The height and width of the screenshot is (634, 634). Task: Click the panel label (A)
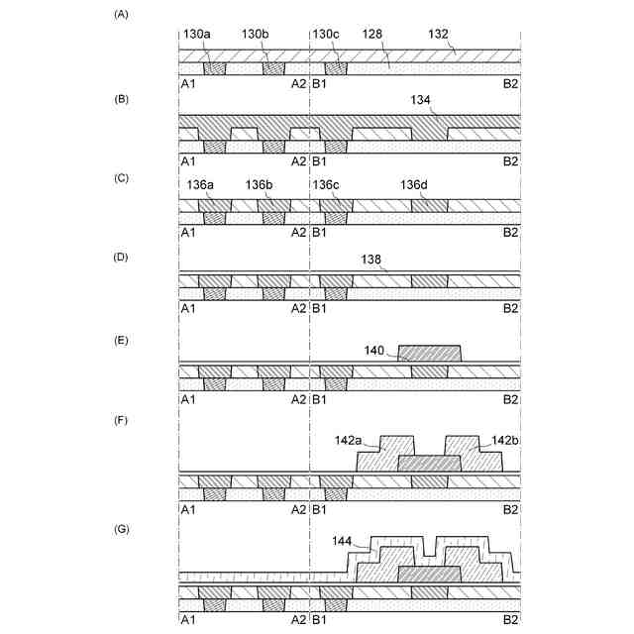121,14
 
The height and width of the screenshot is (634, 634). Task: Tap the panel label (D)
121,258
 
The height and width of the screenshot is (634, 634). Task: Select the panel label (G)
121,529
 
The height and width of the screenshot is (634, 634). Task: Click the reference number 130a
197,34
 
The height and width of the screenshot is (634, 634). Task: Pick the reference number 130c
328,34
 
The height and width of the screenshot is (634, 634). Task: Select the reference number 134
422,100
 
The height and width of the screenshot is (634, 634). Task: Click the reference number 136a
200,184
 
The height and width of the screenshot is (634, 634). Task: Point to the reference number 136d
415,184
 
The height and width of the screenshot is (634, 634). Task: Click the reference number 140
375,349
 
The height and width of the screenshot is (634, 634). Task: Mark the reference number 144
344,541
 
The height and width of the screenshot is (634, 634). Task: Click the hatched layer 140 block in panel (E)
429,354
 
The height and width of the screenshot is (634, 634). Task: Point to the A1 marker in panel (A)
187,84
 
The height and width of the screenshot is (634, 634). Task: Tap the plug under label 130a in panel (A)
214,69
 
